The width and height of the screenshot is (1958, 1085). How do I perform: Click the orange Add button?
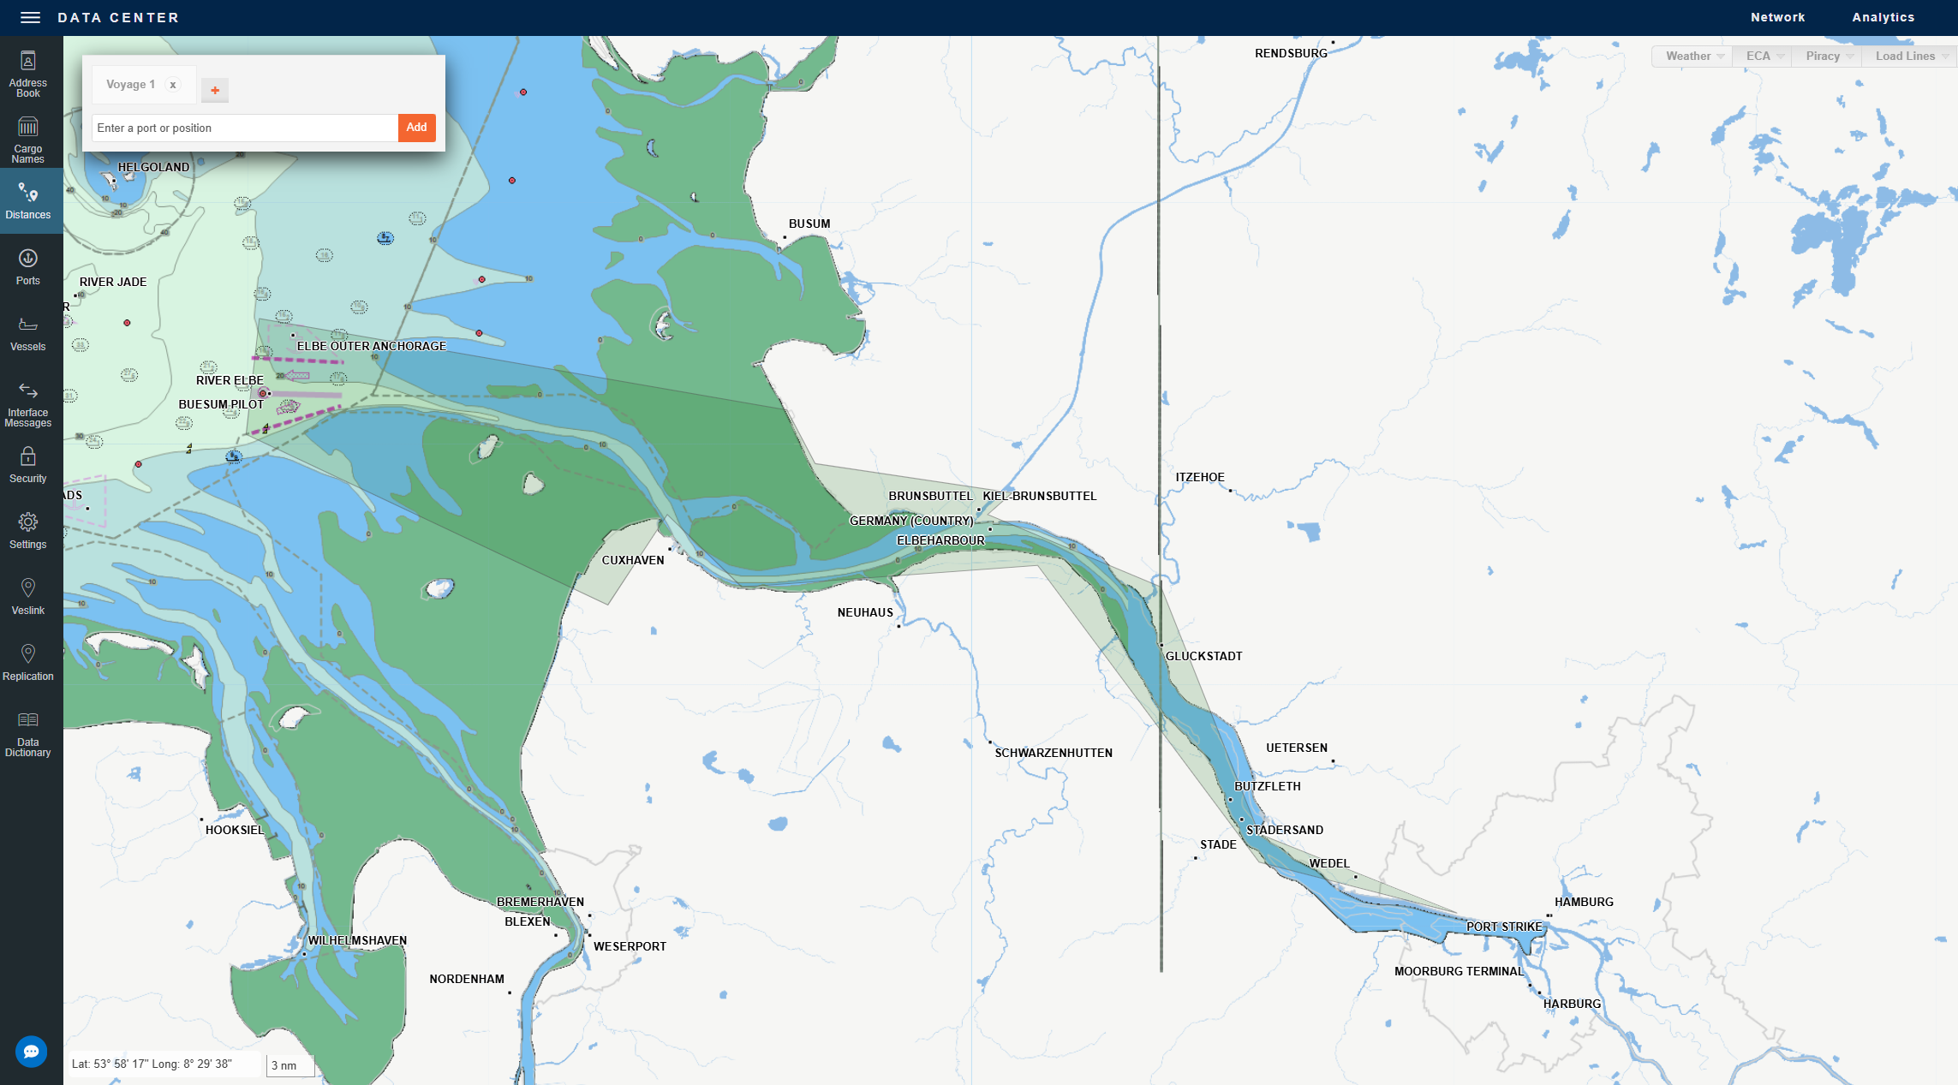(416, 128)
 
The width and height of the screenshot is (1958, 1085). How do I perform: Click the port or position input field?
(244, 128)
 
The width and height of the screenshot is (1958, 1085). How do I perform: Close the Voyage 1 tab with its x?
(173, 85)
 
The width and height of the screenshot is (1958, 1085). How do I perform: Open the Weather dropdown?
(1693, 57)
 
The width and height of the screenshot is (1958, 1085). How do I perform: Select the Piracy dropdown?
(1828, 57)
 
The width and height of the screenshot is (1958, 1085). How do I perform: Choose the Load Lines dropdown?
(1910, 57)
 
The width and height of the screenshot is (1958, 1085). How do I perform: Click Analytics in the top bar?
(1883, 17)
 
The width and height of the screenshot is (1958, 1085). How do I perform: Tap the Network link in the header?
(1777, 17)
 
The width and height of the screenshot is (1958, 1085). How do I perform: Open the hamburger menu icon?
(30, 17)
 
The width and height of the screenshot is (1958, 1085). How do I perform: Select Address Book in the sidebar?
(28, 75)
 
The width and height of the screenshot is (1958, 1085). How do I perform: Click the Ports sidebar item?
(28, 267)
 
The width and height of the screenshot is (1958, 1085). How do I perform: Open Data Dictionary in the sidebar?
(28, 735)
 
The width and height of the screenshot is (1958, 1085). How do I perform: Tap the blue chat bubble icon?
(32, 1052)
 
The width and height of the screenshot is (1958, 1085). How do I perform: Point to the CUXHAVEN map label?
(632, 560)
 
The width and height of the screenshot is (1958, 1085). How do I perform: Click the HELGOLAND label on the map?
(153, 167)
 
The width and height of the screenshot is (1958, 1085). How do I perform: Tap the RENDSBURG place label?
(1291, 53)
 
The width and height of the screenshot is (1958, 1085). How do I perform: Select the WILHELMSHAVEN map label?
(357, 940)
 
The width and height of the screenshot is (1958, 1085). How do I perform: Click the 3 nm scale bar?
(290, 1066)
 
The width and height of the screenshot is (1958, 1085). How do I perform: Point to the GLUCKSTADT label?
(1203, 656)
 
